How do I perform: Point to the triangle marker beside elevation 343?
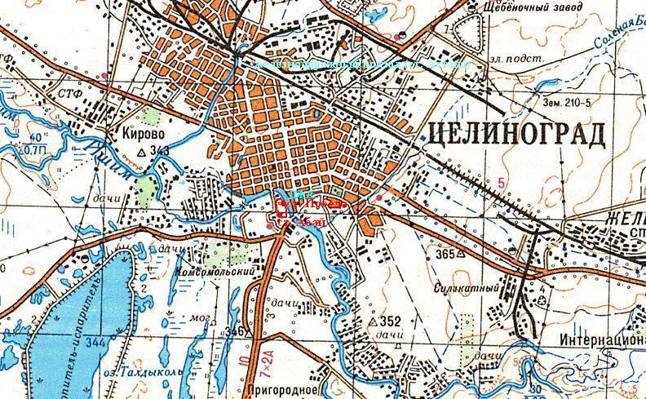(144, 152)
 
